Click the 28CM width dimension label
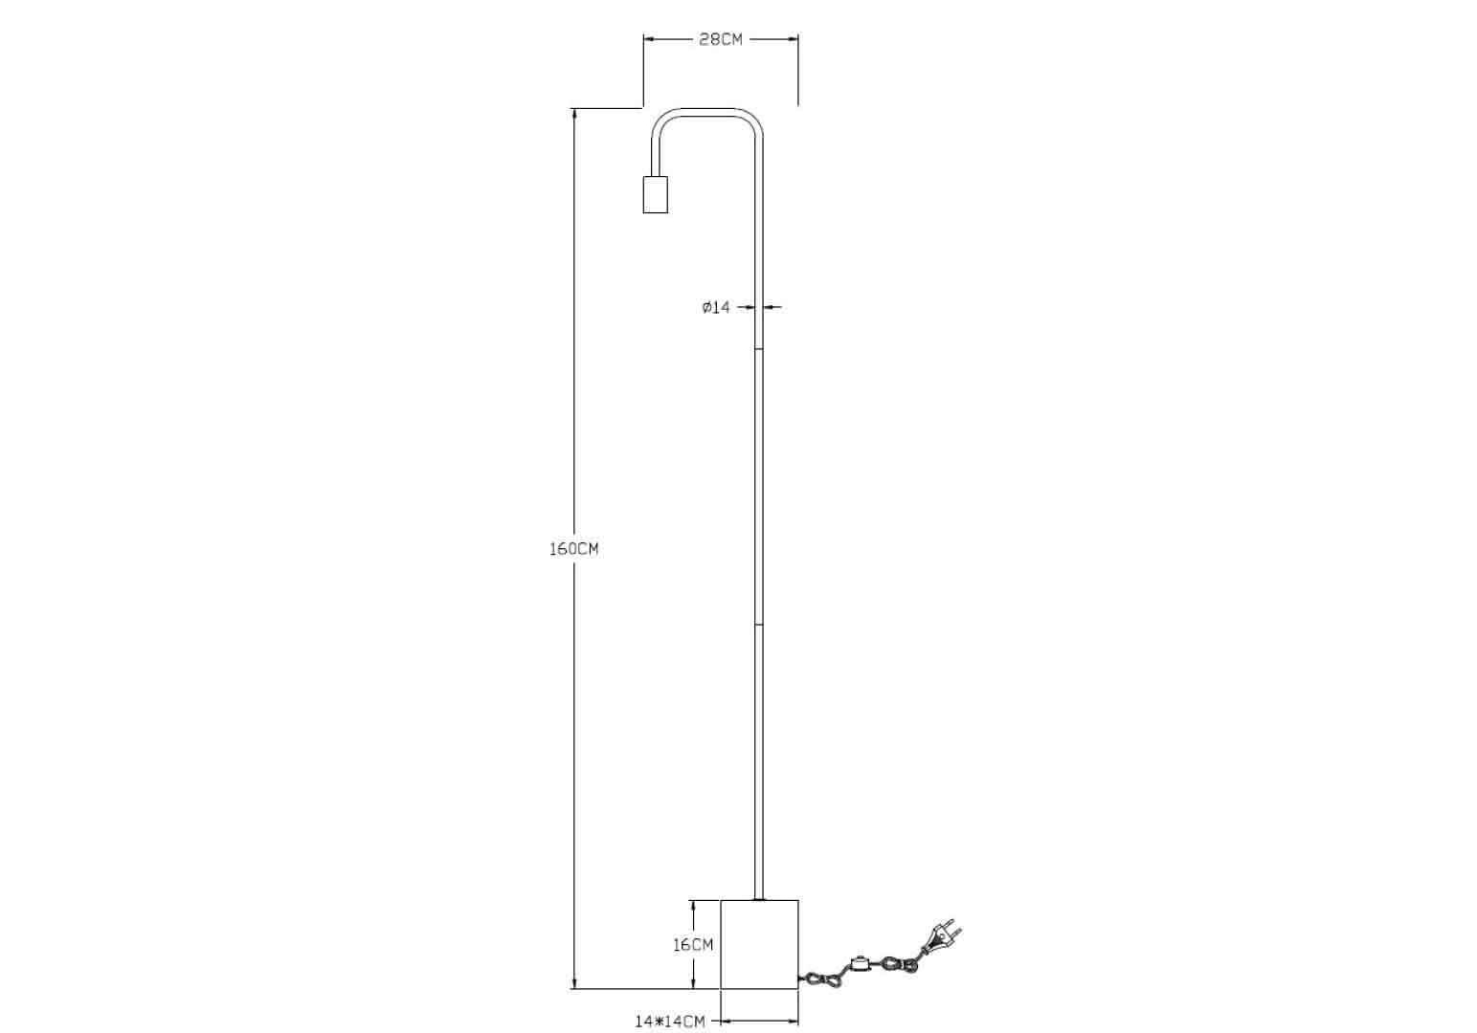[x=721, y=39]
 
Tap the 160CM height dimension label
[x=573, y=549]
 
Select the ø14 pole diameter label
[x=716, y=307]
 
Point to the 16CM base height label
[x=693, y=945]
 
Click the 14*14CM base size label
[x=669, y=1022]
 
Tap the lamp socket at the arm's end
[x=656, y=194]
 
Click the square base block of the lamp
[x=759, y=944]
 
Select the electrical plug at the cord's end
[x=941, y=936]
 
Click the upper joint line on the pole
[x=759, y=350]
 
